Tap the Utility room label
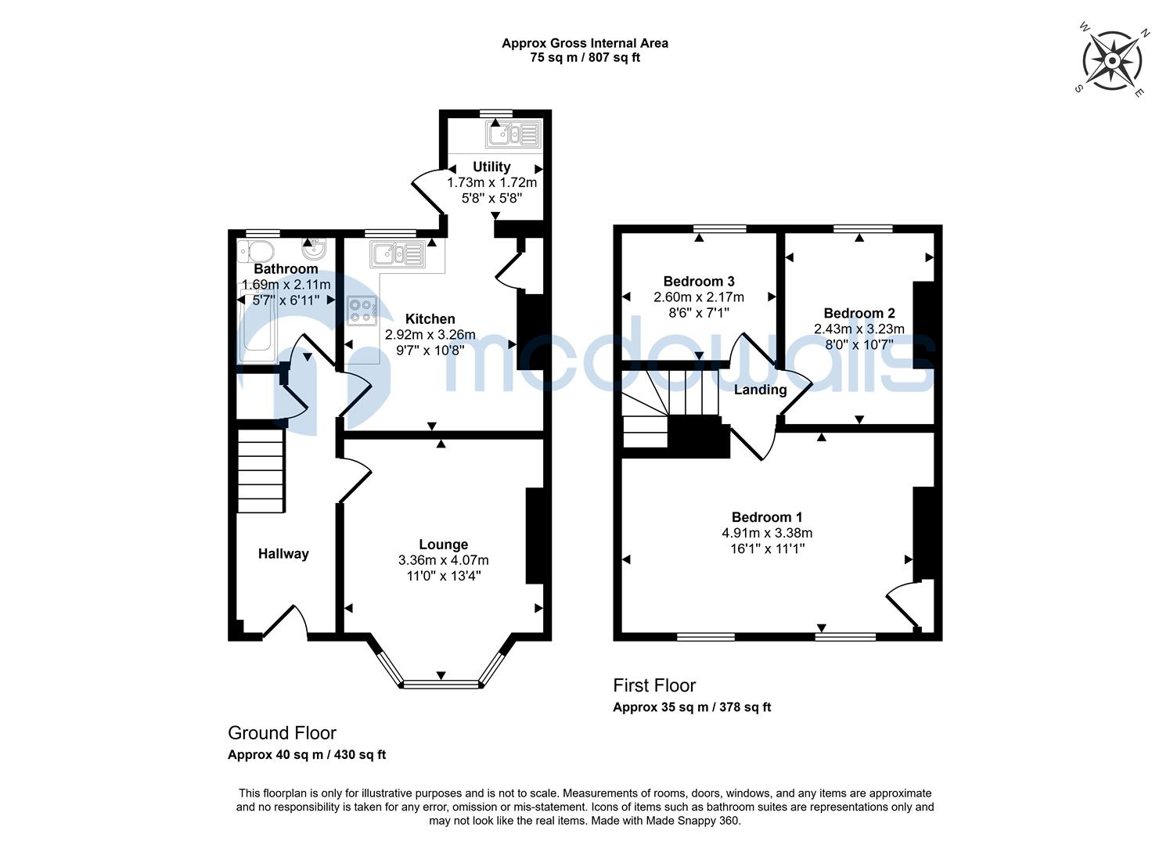pos(491,167)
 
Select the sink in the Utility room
pos(513,135)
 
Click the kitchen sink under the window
pos(398,254)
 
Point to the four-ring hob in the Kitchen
pos(361,311)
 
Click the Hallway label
pos(283,554)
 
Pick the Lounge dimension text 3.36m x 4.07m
pos(443,560)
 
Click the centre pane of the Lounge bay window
pos(441,685)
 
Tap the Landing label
pos(760,390)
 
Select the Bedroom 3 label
pos(698,282)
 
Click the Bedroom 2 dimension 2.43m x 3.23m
pos(859,329)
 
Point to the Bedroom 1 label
pos(766,517)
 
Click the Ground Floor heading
pos(282,733)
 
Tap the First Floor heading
pos(653,685)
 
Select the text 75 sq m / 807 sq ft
pos(585,57)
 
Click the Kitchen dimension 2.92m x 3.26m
pos(430,335)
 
